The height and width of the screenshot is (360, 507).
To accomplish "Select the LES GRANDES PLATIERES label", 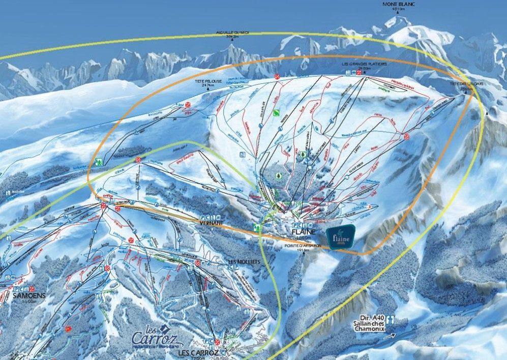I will point(365,65).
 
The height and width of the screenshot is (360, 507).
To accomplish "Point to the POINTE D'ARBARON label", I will point(303,246).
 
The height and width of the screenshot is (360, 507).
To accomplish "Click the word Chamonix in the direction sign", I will point(370,329).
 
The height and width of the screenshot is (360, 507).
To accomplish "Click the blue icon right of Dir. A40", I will point(391,319).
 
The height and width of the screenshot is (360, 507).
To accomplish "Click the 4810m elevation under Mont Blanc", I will point(398,9).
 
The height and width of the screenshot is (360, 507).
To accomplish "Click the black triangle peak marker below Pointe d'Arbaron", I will point(304,255).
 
